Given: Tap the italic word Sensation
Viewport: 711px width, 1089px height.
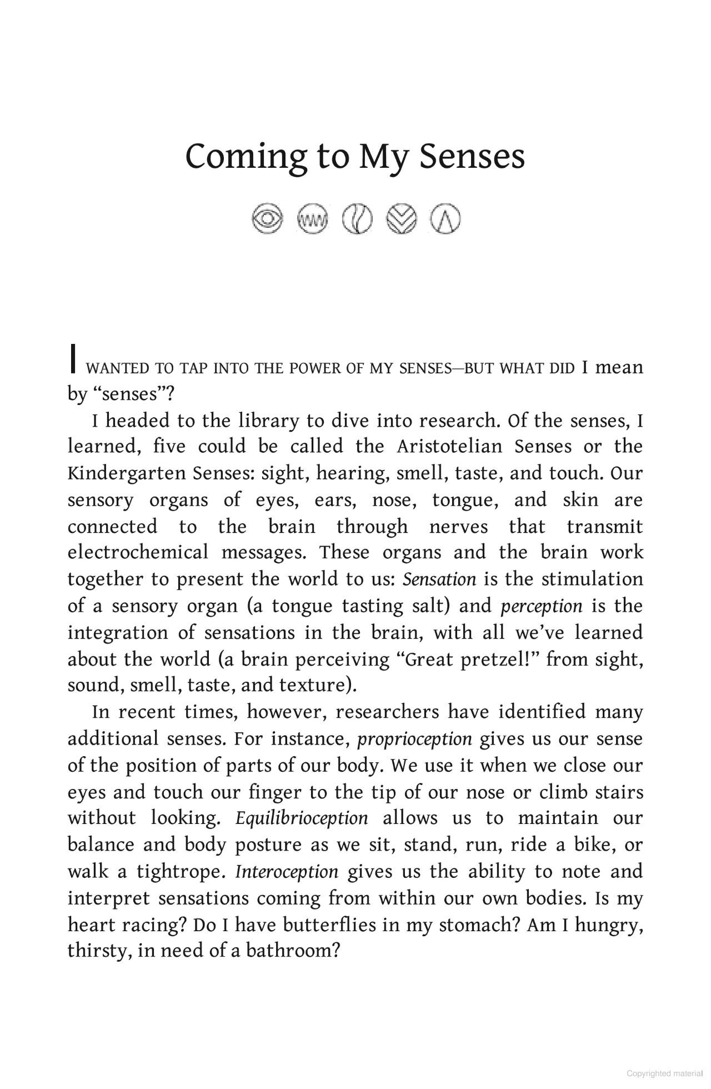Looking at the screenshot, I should (x=439, y=580).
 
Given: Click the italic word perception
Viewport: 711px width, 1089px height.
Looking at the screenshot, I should (x=542, y=606).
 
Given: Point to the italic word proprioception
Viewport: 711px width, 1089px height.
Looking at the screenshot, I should (x=414, y=740).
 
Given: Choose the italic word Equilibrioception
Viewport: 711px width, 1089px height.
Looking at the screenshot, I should (x=302, y=818).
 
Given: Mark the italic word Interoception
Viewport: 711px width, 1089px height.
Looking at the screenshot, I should (x=287, y=872).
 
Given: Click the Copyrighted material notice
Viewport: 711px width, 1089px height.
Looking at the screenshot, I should (x=664, y=1074).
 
